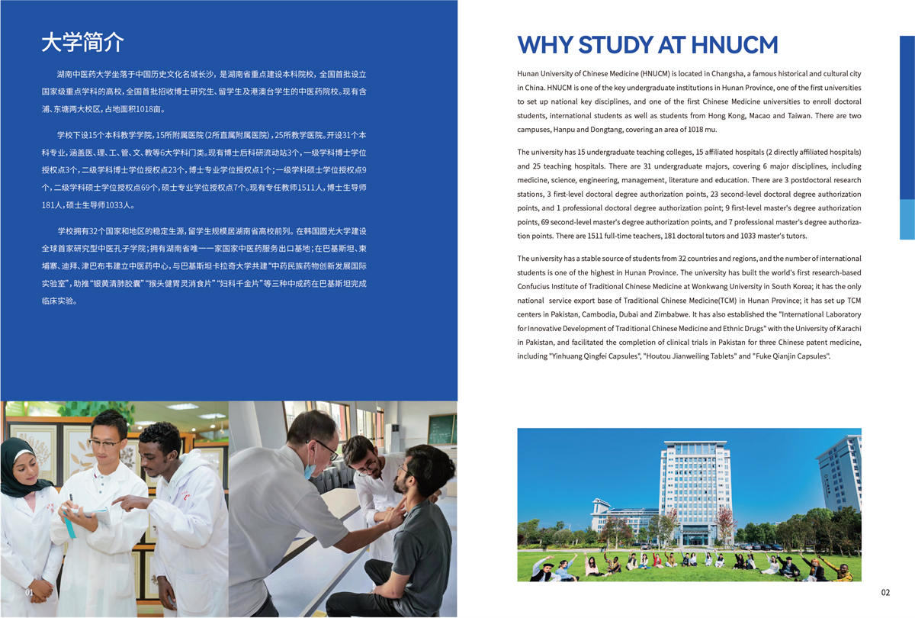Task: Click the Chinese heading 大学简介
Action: pos(82,42)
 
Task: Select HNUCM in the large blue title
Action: pos(734,44)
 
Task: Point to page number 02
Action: pos(885,593)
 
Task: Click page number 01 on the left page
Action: pos(30,593)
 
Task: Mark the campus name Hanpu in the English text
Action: pos(571,130)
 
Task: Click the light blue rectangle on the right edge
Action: pos(907,220)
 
